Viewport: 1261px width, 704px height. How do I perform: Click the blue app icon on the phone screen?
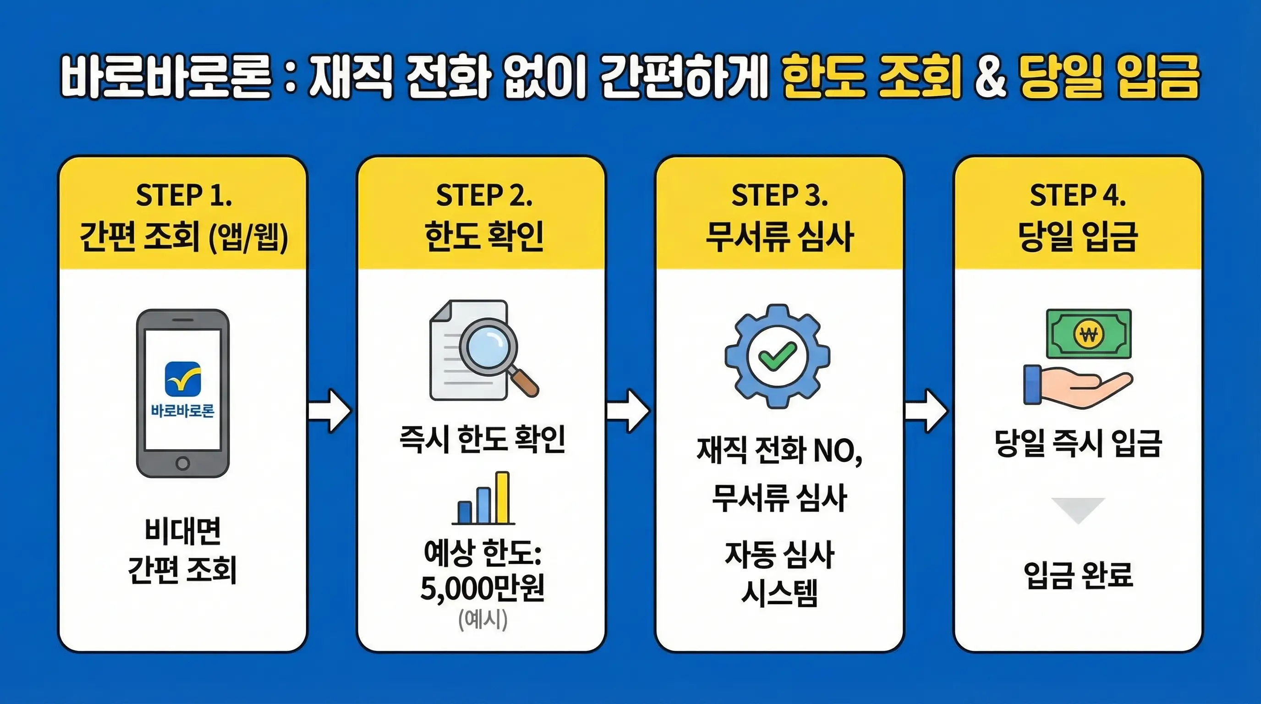pos(182,379)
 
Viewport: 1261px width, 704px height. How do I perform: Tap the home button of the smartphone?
pos(182,463)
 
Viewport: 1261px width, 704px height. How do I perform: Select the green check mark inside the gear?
pos(777,356)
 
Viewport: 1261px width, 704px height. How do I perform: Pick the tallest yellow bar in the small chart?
pos(502,497)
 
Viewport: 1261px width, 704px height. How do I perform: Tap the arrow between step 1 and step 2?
pos(330,411)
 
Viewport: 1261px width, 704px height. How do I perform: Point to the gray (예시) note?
pos(482,619)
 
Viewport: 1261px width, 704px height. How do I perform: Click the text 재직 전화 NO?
pos(779,451)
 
